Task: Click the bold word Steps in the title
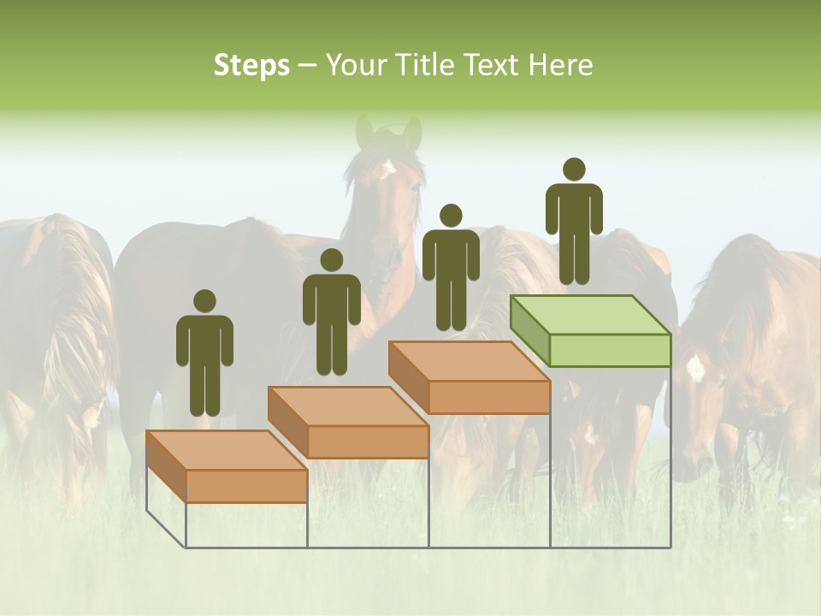point(251,65)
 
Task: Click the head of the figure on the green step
point(574,169)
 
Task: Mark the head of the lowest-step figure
point(204,301)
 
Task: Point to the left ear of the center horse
point(365,130)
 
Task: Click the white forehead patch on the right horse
point(695,368)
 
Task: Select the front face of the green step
point(609,350)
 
